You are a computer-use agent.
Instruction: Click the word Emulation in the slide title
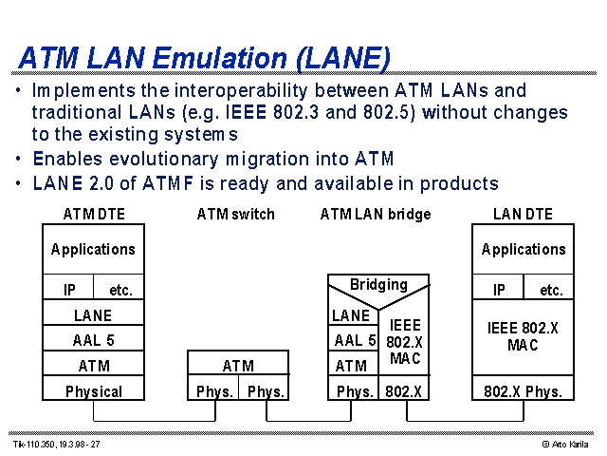[x=220, y=58]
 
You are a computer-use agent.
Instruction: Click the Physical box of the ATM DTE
[x=93, y=388]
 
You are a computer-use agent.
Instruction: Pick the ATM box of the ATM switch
[x=238, y=363]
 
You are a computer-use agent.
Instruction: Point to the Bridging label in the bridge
[x=378, y=285]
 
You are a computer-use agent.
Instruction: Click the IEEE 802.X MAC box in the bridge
[x=404, y=342]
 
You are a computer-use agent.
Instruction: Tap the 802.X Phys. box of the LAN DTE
[x=523, y=388]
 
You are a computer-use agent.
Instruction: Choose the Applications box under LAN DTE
[x=523, y=249]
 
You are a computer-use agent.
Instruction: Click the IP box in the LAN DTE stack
[x=498, y=287]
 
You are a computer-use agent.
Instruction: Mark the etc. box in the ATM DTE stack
[x=119, y=287]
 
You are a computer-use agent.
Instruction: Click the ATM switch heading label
[x=236, y=214]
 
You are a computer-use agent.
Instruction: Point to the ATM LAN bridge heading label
[x=376, y=214]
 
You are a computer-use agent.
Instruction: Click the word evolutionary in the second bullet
[x=164, y=159]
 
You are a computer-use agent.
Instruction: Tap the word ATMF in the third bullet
[x=168, y=183]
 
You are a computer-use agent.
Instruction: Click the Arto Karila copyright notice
[x=565, y=445]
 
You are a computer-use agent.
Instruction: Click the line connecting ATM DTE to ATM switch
[x=155, y=421]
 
